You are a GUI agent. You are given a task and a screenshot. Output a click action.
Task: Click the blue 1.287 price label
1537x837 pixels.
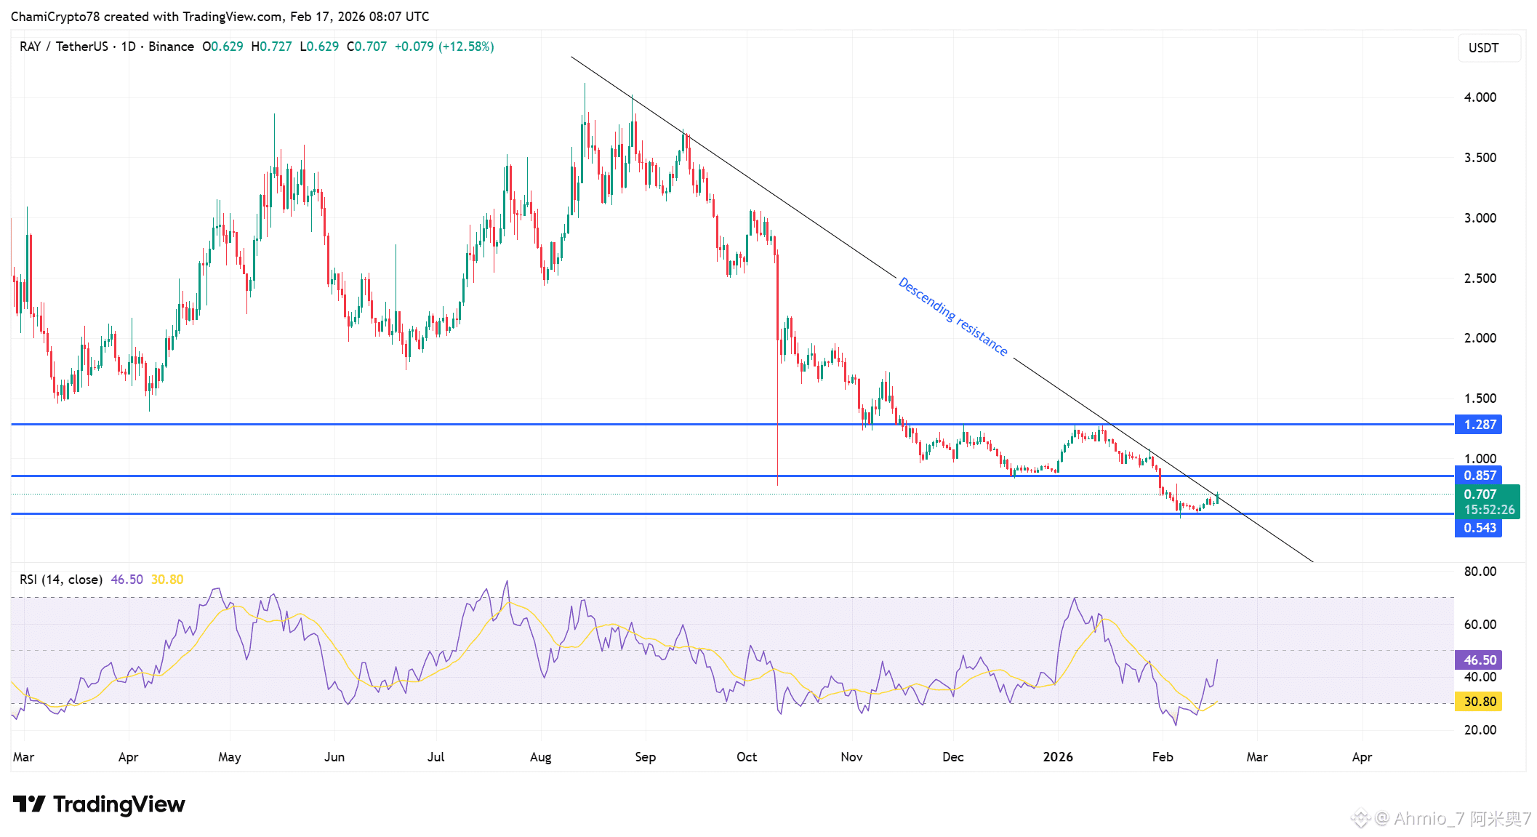(1479, 425)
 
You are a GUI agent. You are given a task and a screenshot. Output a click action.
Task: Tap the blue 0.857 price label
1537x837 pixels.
(1479, 476)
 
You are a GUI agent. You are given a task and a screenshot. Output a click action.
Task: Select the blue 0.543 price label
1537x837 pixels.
(1479, 528)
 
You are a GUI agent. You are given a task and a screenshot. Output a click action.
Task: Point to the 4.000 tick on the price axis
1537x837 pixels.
(1480, 97)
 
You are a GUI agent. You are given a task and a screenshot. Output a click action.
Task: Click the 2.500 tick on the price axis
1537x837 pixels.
(1480, 279)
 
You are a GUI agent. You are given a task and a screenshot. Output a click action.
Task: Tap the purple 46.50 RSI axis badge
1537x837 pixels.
(1479, 660)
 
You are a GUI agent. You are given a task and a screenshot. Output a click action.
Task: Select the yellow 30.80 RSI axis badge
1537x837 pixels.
(1479, 702)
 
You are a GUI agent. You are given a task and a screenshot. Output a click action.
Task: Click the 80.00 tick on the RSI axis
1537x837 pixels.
(1480, 572)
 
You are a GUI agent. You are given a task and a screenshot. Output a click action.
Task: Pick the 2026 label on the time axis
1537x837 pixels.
(1058, 757)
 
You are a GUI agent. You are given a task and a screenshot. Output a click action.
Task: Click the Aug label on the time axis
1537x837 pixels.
(540, 757)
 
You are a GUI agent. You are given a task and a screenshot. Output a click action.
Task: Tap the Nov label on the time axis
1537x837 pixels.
(851, 757)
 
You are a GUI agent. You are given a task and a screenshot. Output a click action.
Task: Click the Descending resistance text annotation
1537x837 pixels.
(953, 316)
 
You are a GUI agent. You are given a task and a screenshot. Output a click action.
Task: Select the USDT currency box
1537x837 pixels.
(1483, 48)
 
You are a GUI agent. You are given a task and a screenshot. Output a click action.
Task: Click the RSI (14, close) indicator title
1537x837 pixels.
(61, 580)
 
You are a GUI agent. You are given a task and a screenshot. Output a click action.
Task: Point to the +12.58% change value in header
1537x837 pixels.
(466, 47)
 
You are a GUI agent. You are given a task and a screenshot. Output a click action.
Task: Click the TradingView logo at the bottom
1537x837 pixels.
(99, 804)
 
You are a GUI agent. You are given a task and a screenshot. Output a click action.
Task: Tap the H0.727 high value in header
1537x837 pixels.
(271, 47)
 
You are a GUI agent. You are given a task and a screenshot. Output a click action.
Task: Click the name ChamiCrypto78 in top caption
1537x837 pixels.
(55, 17)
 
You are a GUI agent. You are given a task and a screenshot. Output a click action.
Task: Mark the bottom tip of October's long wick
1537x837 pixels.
(778, 485)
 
